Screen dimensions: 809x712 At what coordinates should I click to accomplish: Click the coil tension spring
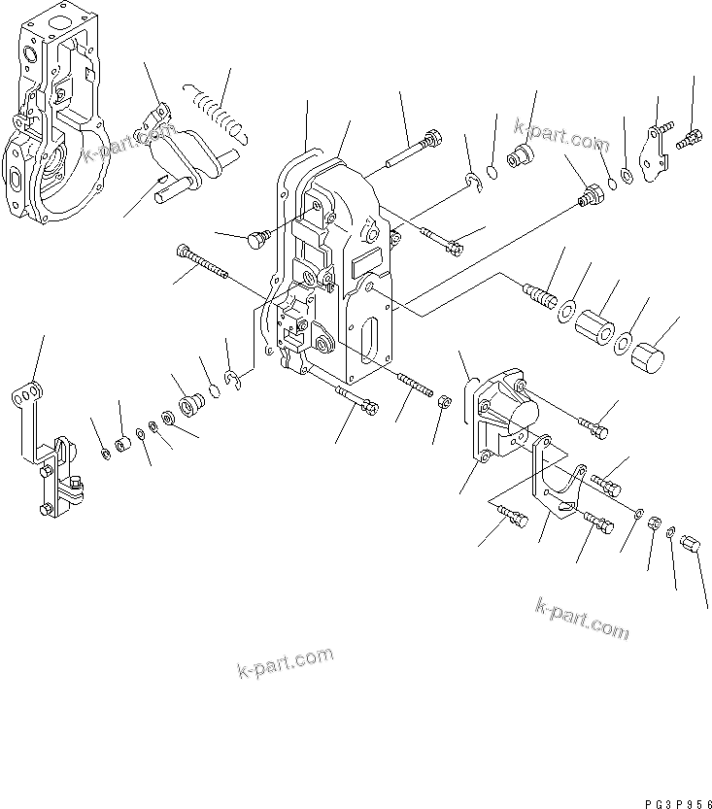(x=217, y=108)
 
